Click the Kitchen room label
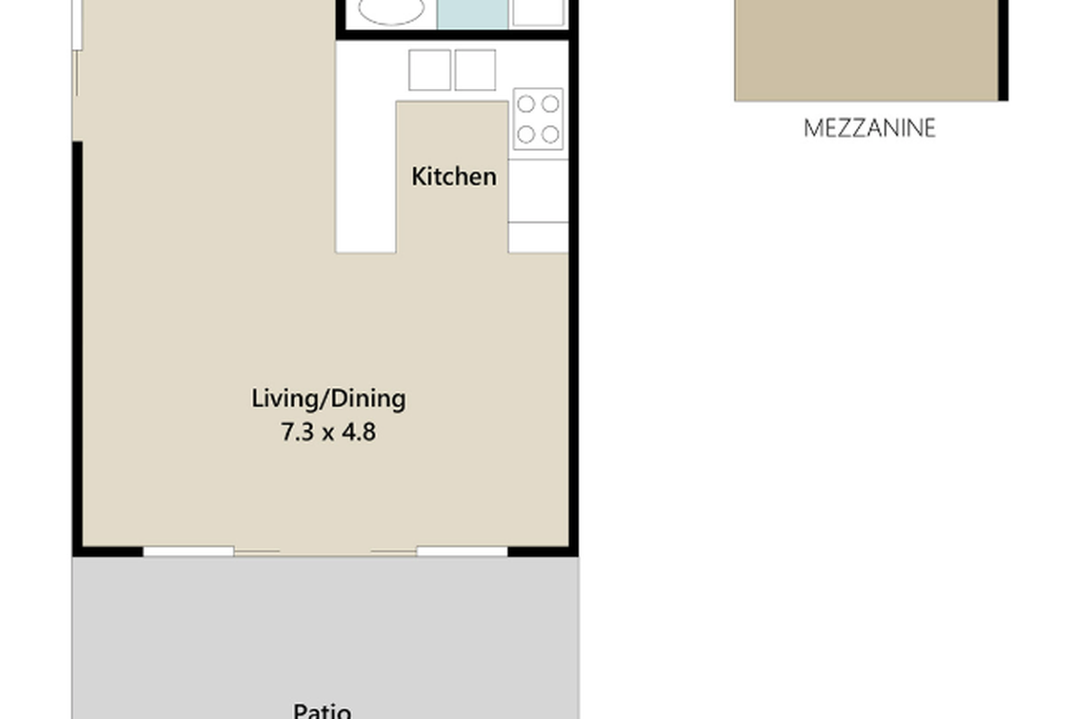454,176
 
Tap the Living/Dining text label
328,398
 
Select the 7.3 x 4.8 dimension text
328,432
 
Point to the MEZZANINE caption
869,128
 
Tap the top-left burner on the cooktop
526,104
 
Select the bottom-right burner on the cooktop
550,135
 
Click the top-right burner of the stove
550,104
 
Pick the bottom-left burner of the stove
526,135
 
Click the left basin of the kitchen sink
429,70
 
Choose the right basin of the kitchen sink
475,70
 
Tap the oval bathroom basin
391,11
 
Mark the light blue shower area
473,13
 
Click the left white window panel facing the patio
188,551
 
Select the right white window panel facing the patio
462,551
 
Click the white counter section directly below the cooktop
538,190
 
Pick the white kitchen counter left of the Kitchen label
366,180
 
